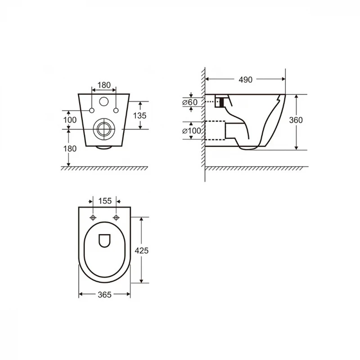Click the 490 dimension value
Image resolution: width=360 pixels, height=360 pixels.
point(245,80)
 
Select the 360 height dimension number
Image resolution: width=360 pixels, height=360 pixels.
point(296,120)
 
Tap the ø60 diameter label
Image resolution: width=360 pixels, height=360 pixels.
point(190,102)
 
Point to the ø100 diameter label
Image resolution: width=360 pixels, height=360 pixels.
point(192,131)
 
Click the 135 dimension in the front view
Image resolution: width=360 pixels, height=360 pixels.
point(139,116)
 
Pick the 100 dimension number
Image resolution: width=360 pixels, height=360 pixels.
point(70,120)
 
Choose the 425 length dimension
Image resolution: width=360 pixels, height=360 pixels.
point(141,250)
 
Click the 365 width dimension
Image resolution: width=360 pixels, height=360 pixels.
point(104,295)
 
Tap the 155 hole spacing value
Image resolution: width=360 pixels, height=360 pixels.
point(105,201)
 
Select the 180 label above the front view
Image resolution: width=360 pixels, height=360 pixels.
point(104,85)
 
